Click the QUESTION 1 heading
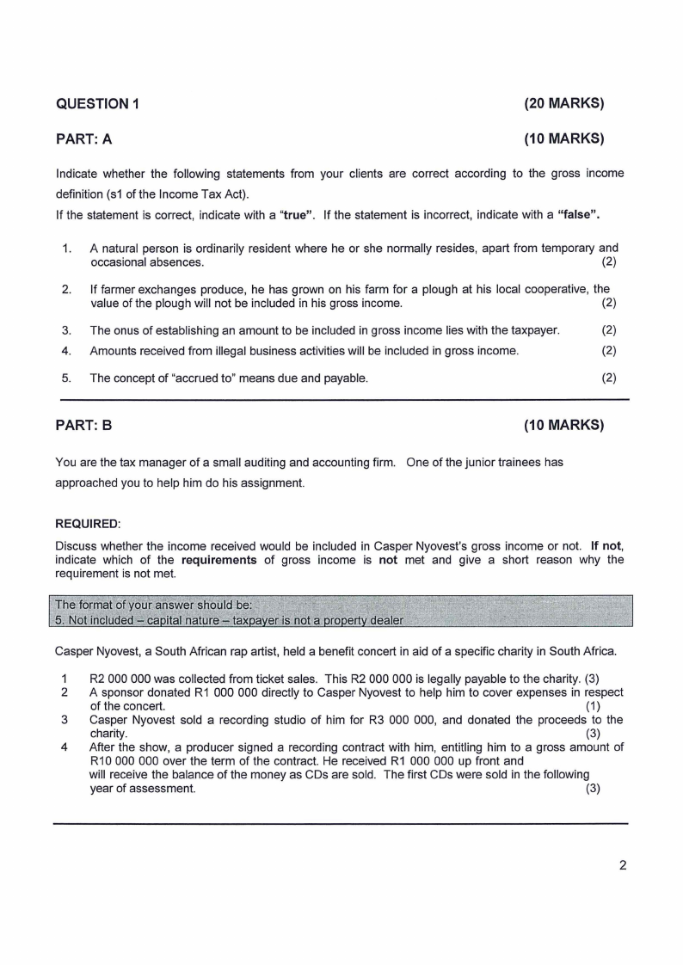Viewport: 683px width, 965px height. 97,105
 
